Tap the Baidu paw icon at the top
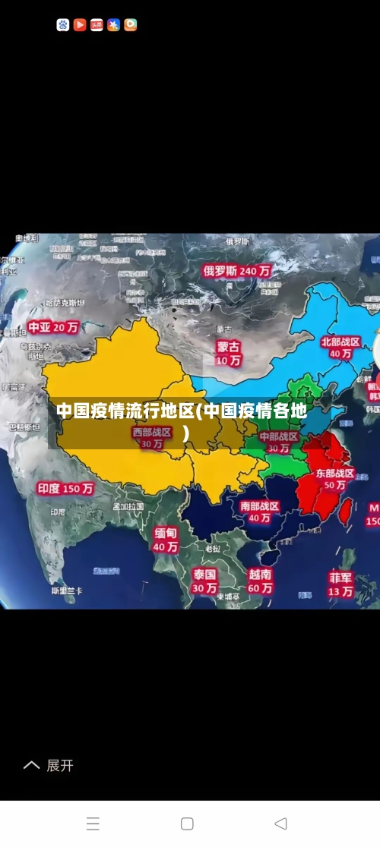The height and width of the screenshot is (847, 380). point(63,25)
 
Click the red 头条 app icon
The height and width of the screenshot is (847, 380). point(97,25)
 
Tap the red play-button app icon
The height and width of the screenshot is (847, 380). point(80,25)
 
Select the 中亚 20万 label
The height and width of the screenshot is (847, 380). point(53,328)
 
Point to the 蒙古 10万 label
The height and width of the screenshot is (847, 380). point(228,354)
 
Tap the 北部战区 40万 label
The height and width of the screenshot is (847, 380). point(340,348)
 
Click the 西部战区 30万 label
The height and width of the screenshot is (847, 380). point(152,438)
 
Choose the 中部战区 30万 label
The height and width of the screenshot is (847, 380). point(279,442)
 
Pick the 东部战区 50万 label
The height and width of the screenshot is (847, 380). point(335,479)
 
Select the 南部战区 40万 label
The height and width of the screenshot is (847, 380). point(259,512)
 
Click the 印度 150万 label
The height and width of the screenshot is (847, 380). point(65,489)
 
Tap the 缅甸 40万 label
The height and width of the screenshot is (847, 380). point(166,540)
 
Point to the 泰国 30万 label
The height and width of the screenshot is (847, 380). point(204,581)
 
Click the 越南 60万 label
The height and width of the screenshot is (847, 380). point(260,581)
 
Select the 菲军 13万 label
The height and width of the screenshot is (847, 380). point(340,584)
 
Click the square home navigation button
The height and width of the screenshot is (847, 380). point(187,823)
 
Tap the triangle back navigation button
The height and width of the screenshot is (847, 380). point(280,823)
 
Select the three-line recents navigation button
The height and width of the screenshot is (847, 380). point(93,823)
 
